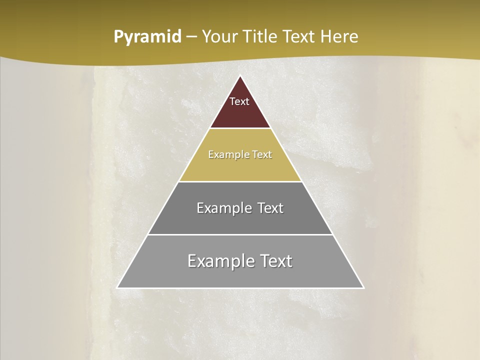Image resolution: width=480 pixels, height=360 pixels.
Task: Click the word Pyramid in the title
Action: click(x=147, y=37)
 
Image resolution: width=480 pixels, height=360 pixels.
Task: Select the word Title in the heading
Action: click(x=260, y=36)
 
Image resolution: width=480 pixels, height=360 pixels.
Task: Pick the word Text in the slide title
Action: click(x=299, y=36)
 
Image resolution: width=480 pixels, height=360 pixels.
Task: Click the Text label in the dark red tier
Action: click(x=239, y=101)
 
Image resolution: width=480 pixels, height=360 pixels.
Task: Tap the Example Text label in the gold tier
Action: click(x=240, y=154)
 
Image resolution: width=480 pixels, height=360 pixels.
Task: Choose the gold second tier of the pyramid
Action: click(x=240, y=167)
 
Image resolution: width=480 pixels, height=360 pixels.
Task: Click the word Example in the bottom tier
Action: click(x=218, y=261)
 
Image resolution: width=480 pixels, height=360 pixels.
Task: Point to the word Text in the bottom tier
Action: click(x=274, y=261)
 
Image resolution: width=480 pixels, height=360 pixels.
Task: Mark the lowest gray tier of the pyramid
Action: click(x=240, y=276)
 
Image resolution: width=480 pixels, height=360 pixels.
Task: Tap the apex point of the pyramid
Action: click(x=240, y=76)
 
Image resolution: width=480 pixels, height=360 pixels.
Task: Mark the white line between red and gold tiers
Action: click(x=240, y=128)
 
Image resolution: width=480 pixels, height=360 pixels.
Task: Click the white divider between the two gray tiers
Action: click(x=240, y=234)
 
